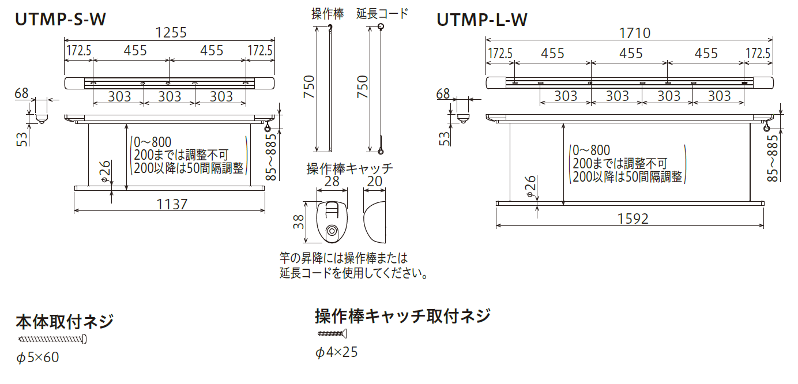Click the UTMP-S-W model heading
tap(60, 19)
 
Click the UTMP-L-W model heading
tap(481, 20)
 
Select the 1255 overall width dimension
tap(171, 33)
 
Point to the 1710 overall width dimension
tap(635, 33)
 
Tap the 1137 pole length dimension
tap(172, 205)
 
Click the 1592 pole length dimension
tap(633, 219)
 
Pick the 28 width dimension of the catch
tap(332, 182)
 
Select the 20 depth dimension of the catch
tap(374, 181)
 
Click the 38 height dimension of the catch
tap(299, 222)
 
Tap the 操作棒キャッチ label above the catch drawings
tap(349, 168)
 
